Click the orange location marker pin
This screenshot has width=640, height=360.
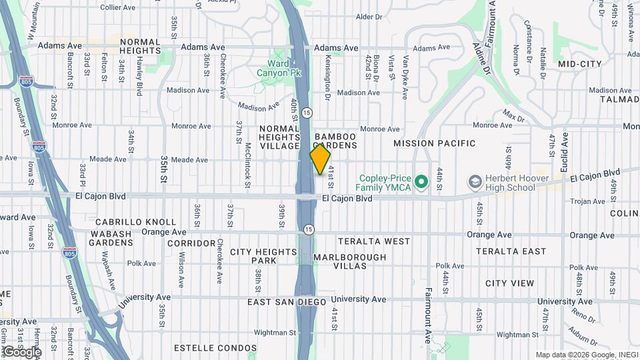tap(320, 159)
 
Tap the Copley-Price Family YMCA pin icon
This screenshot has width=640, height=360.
tap(421, 181)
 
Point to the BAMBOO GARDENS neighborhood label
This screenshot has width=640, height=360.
tap(335, 139)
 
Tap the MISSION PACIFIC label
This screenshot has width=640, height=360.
tap(434, 143)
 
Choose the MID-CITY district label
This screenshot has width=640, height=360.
tap(580, 64)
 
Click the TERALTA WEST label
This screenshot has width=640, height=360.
tap(374, 241)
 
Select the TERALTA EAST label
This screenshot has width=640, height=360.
tap(511, 251)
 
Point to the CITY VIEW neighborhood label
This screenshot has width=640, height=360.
tap(509, 283)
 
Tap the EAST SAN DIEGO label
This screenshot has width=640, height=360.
tap(287, 302)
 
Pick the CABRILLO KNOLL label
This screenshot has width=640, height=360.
tap(135, 222)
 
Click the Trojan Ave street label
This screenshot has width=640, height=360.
tap(587, 201)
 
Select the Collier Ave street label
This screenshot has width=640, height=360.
tap(118, 7)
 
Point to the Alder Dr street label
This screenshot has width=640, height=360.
tap(369, 16)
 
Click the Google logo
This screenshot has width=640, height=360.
tap(22, 351)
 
